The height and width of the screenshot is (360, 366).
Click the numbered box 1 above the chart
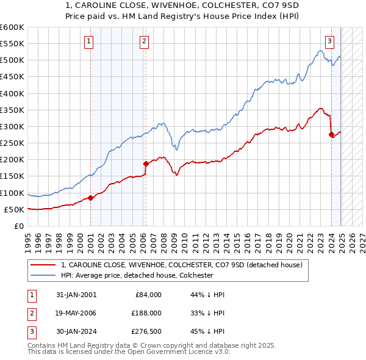[x=89, y=41]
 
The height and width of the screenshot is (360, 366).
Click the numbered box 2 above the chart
[x=144, y=41]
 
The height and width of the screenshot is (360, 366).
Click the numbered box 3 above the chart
[x=329, y=41]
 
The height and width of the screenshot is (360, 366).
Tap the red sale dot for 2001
[x=90, y=197]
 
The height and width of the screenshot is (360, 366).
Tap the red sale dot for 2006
[x=146, y=164]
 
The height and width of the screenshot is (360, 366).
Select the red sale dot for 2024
[x=331, y=134]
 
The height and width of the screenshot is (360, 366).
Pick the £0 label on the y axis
[x=19, y=226]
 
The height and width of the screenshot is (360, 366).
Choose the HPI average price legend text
[x=137, y=275]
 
